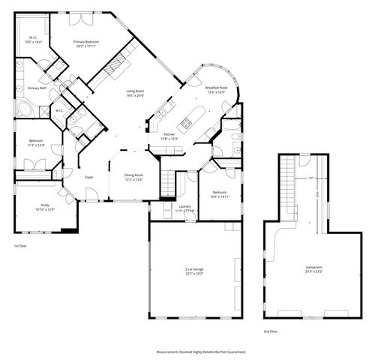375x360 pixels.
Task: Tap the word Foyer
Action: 88,177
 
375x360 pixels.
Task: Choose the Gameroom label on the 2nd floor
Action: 313,268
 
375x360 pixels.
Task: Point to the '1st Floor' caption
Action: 20,246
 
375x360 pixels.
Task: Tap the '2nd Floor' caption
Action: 270,331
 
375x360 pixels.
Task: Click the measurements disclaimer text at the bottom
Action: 200,351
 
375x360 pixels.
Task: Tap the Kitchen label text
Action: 169,136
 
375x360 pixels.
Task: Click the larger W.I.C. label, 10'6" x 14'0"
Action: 34,40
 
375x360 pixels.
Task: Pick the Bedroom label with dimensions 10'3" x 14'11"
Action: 219,193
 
